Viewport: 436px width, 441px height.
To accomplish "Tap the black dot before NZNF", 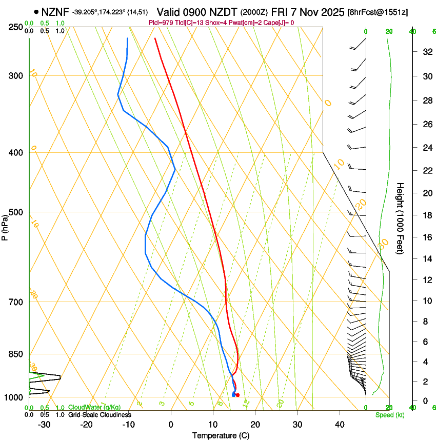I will coord(36,12).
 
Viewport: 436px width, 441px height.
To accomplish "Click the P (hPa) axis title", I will coord(5,225).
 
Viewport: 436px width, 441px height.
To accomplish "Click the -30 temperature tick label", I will coord(44,424).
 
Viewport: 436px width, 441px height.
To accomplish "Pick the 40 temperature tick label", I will coord(339,424).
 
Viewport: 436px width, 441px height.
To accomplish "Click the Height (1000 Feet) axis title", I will coord(400,218).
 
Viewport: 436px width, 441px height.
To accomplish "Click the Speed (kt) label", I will coord(390,415).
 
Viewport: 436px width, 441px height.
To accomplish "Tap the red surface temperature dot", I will coord(237,395).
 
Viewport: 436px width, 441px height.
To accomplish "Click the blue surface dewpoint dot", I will coord(233,395).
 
